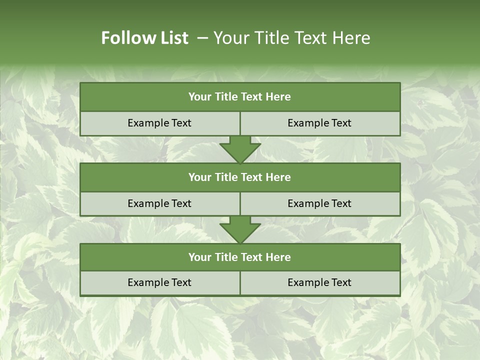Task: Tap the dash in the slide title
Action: pyautogui.click(x=202, y=38)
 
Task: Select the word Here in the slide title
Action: pyautogui.click(x=351, y=38)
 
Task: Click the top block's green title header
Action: pyautogui.click(x=240, y=97)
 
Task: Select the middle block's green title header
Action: pyautogui.click(x=240, y=177)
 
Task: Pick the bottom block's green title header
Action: pyautogui.click(x=240, y=257)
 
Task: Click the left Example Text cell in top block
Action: pyautogui.click(x=160, y=123)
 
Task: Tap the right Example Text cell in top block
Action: pyautogui.click(x=320, y=123)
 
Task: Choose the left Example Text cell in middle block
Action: pyautogui.click(x=160, y=203)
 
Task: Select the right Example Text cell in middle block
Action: pyautogui.click(x=320, y=203)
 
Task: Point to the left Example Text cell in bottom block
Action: pyautogui.click(x=160, y=282)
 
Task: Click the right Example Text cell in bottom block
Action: pyautogui.click(x=320, y=282)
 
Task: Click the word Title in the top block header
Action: pyautogui.click(x=226, y=97)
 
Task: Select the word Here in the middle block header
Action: pyautogui.click(x=278, y=177)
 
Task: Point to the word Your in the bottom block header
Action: pyautogui.click(x=200, y=257)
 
